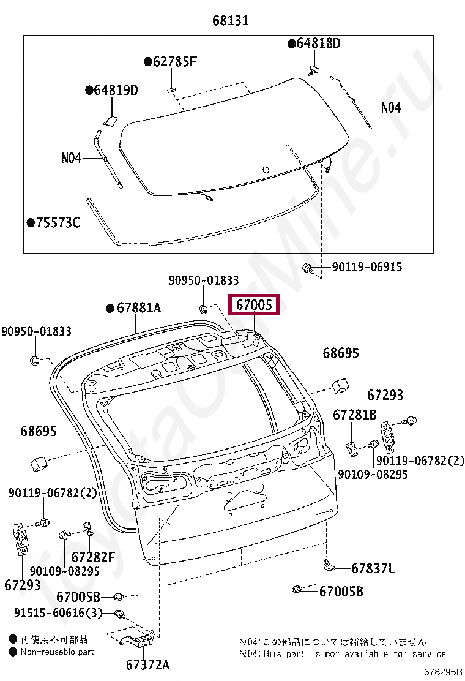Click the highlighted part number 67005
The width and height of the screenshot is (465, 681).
253,304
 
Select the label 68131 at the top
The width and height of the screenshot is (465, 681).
231,20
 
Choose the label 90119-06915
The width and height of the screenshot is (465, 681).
367,267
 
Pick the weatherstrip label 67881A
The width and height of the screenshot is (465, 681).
138,307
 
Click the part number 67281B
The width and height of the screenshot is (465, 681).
354,415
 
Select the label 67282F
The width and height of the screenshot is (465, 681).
93,557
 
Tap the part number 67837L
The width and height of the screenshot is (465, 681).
373,568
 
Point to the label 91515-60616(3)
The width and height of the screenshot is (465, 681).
59,613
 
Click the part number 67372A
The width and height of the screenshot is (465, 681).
147,664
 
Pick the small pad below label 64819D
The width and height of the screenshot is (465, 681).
112,120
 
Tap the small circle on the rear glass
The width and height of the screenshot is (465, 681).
265,170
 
